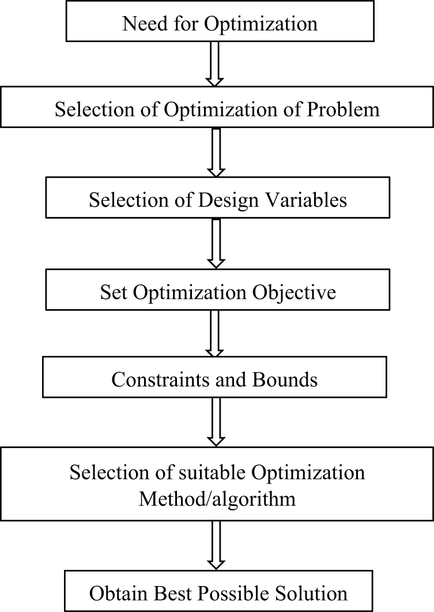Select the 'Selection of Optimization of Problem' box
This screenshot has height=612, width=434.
(x=217, y=108)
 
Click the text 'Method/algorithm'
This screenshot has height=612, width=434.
(x=217, y=498)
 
